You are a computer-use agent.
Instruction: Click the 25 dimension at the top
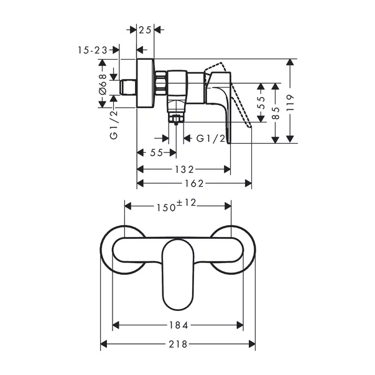click(146, 29)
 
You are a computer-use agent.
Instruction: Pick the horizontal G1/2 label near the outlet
click(210, 139)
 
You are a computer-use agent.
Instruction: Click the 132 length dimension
click(183, 169)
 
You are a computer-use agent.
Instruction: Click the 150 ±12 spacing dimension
click(178, 205)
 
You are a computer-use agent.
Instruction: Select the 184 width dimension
click(178, 325)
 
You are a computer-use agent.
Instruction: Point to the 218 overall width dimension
click(178, 344)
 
